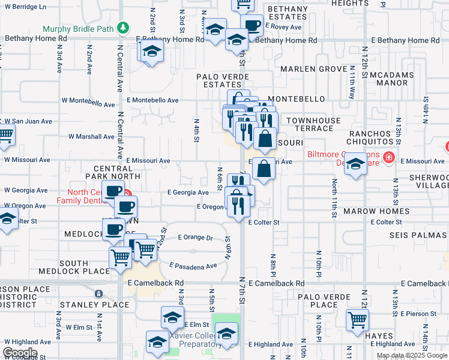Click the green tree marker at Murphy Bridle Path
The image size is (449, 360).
pyautogui.click(x=122, y=28)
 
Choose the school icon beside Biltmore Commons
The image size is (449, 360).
pyautogui.click(x=355, y=164)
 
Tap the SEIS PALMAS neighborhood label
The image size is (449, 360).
pyautogui.click(x=418, y=234)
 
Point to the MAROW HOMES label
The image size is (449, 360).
pyautogui.click(x=368, y=212)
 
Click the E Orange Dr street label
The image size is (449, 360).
pyautogui.click(x=196, y=238)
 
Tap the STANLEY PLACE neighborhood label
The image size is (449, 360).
pyautogui.click(x=100, y=305)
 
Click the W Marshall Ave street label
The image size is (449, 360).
pyautogui.click(x=91, y=136)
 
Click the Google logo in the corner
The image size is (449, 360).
pyautogui.click(x=19, y=352)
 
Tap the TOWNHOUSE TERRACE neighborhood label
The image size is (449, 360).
pyautogui.click(x=313, y=125)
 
